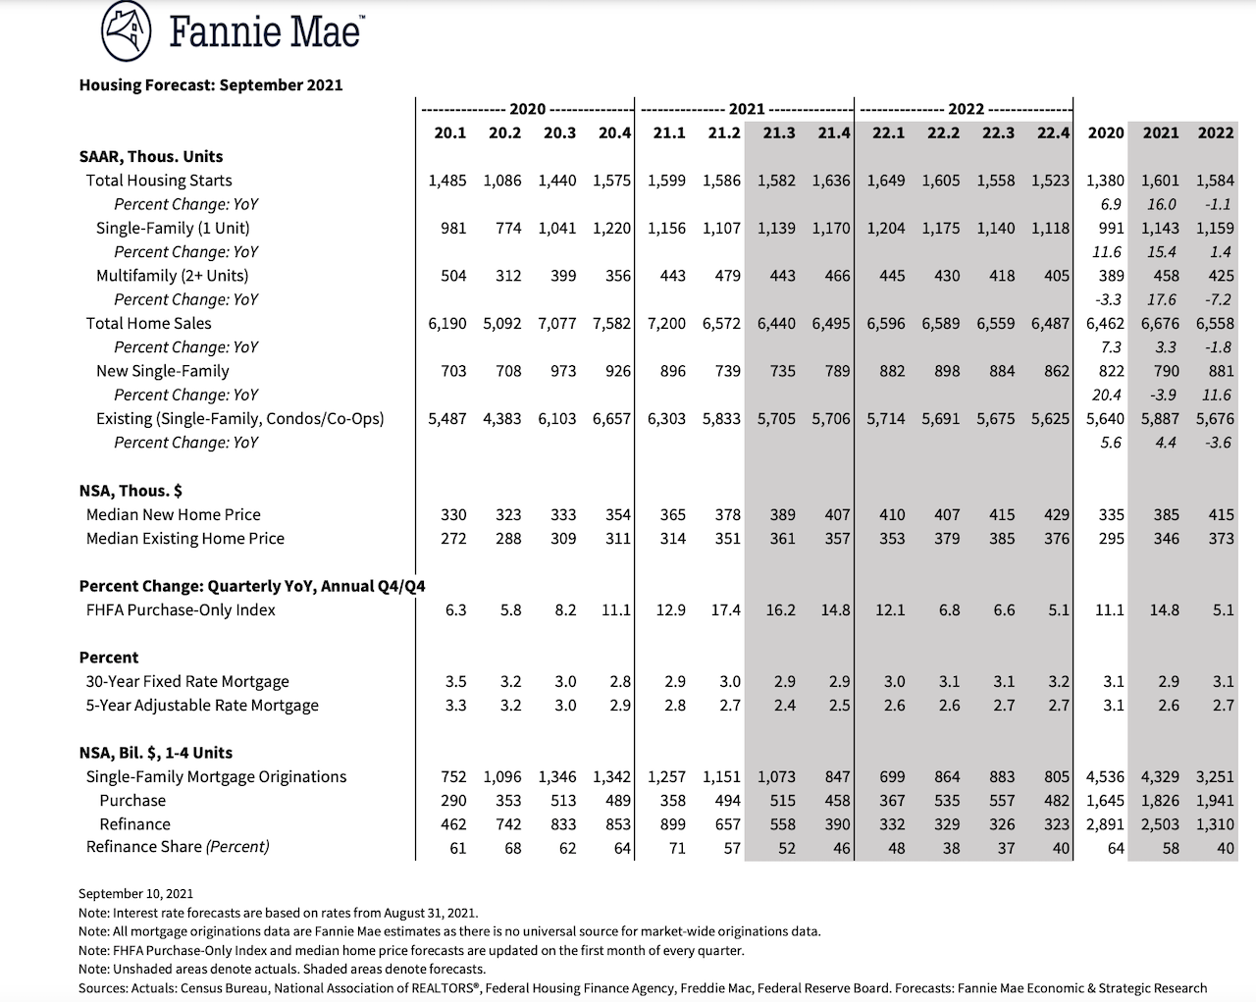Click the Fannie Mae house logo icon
[126, 31]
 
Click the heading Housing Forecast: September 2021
[211, 85]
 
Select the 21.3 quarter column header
[778, 133]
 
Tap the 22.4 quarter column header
[1053, 133]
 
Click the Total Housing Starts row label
[159, 181]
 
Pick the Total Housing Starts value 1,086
[502, 181]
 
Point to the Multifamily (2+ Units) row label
[172, 276]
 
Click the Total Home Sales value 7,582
[611, 324]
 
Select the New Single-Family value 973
[563, 371]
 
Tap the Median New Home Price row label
[174, 514]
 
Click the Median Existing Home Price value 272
[453, 539]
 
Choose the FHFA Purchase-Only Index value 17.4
[725, 610]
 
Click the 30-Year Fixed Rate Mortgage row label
[187, 681]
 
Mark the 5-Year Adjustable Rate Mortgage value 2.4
[784, 706]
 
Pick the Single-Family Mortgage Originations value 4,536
[1105, 777]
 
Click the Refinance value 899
[673, 824]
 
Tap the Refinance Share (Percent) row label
[178, 847]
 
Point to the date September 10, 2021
[135, 893]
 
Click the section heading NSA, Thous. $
[131, 491]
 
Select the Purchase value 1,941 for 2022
[1215, 801]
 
